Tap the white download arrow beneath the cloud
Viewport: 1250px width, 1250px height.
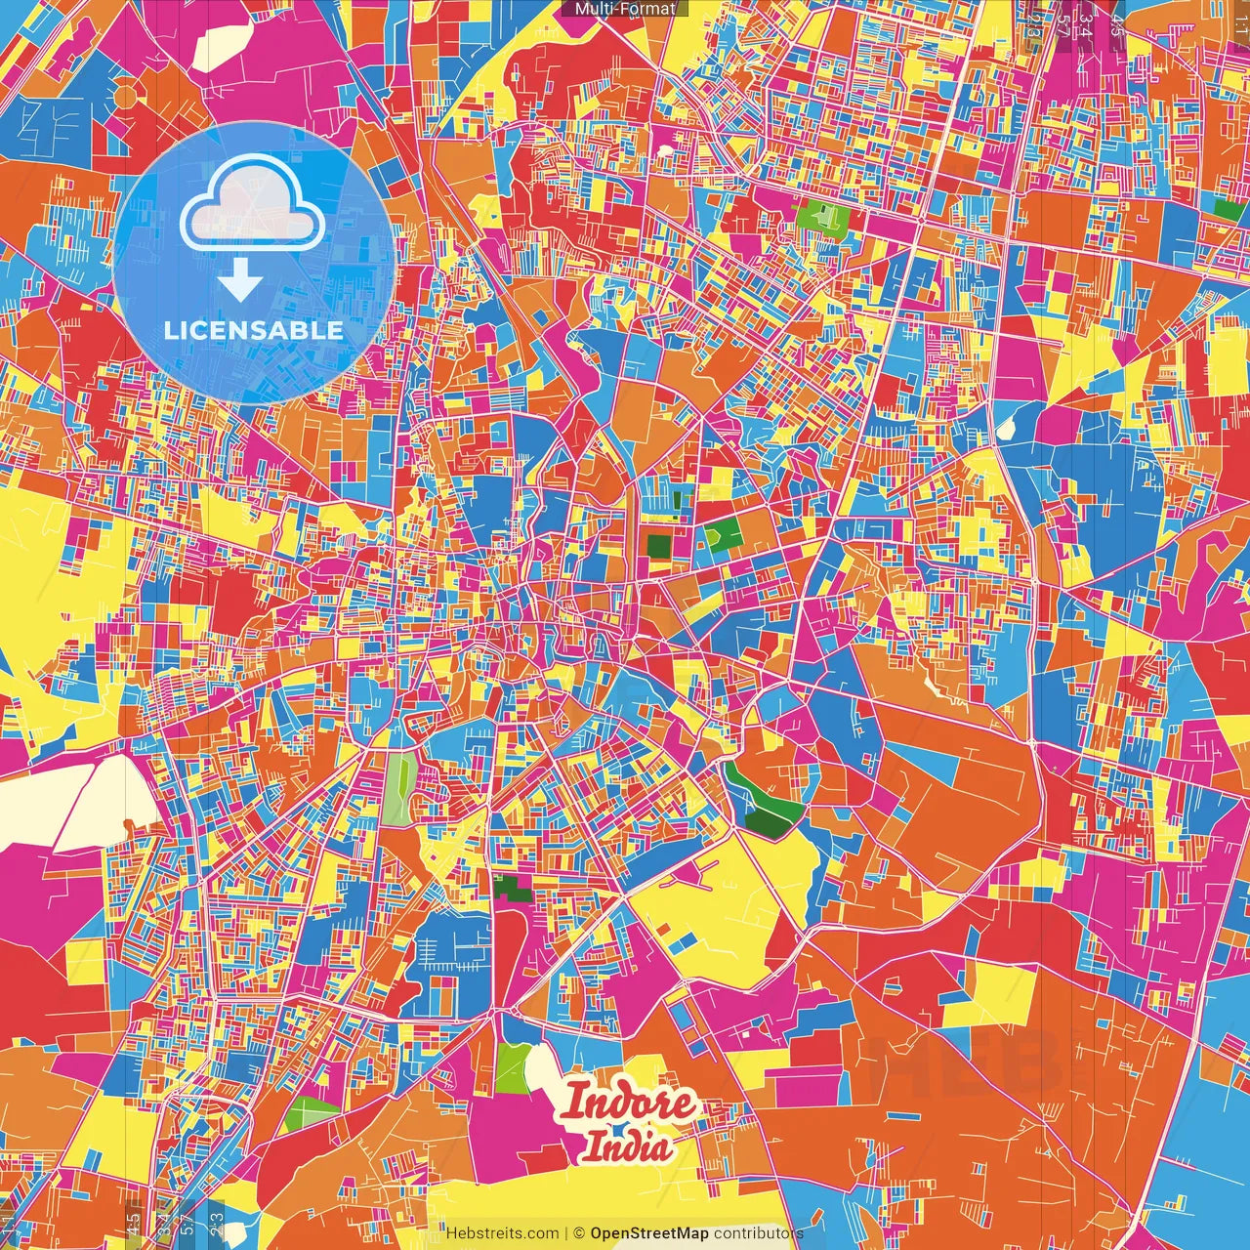pyautogui.click(x=240, y=283)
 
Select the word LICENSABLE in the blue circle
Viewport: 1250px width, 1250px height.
pyautogui.click(x=254, y=330)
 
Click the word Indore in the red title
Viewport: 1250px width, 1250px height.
pyautogui.click(x=630, y=1104)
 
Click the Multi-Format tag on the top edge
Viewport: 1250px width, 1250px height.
pyautogui.click(x=625, y=9)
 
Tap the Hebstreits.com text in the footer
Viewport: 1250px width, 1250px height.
pyautogui.click(x=502, y=1233)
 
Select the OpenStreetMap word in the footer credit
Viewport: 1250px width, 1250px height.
pyautogui.click(x=649, y=1233)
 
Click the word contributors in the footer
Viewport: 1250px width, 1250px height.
pyautogui.click(x=758, y=1233)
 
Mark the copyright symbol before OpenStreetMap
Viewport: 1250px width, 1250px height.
pyautogui.click(x=579, y=1233)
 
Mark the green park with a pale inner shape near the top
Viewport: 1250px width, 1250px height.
pyautogui.click(x=822, y=220)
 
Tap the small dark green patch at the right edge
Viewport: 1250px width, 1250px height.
pyautogui.click(x=1228, y=208)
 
